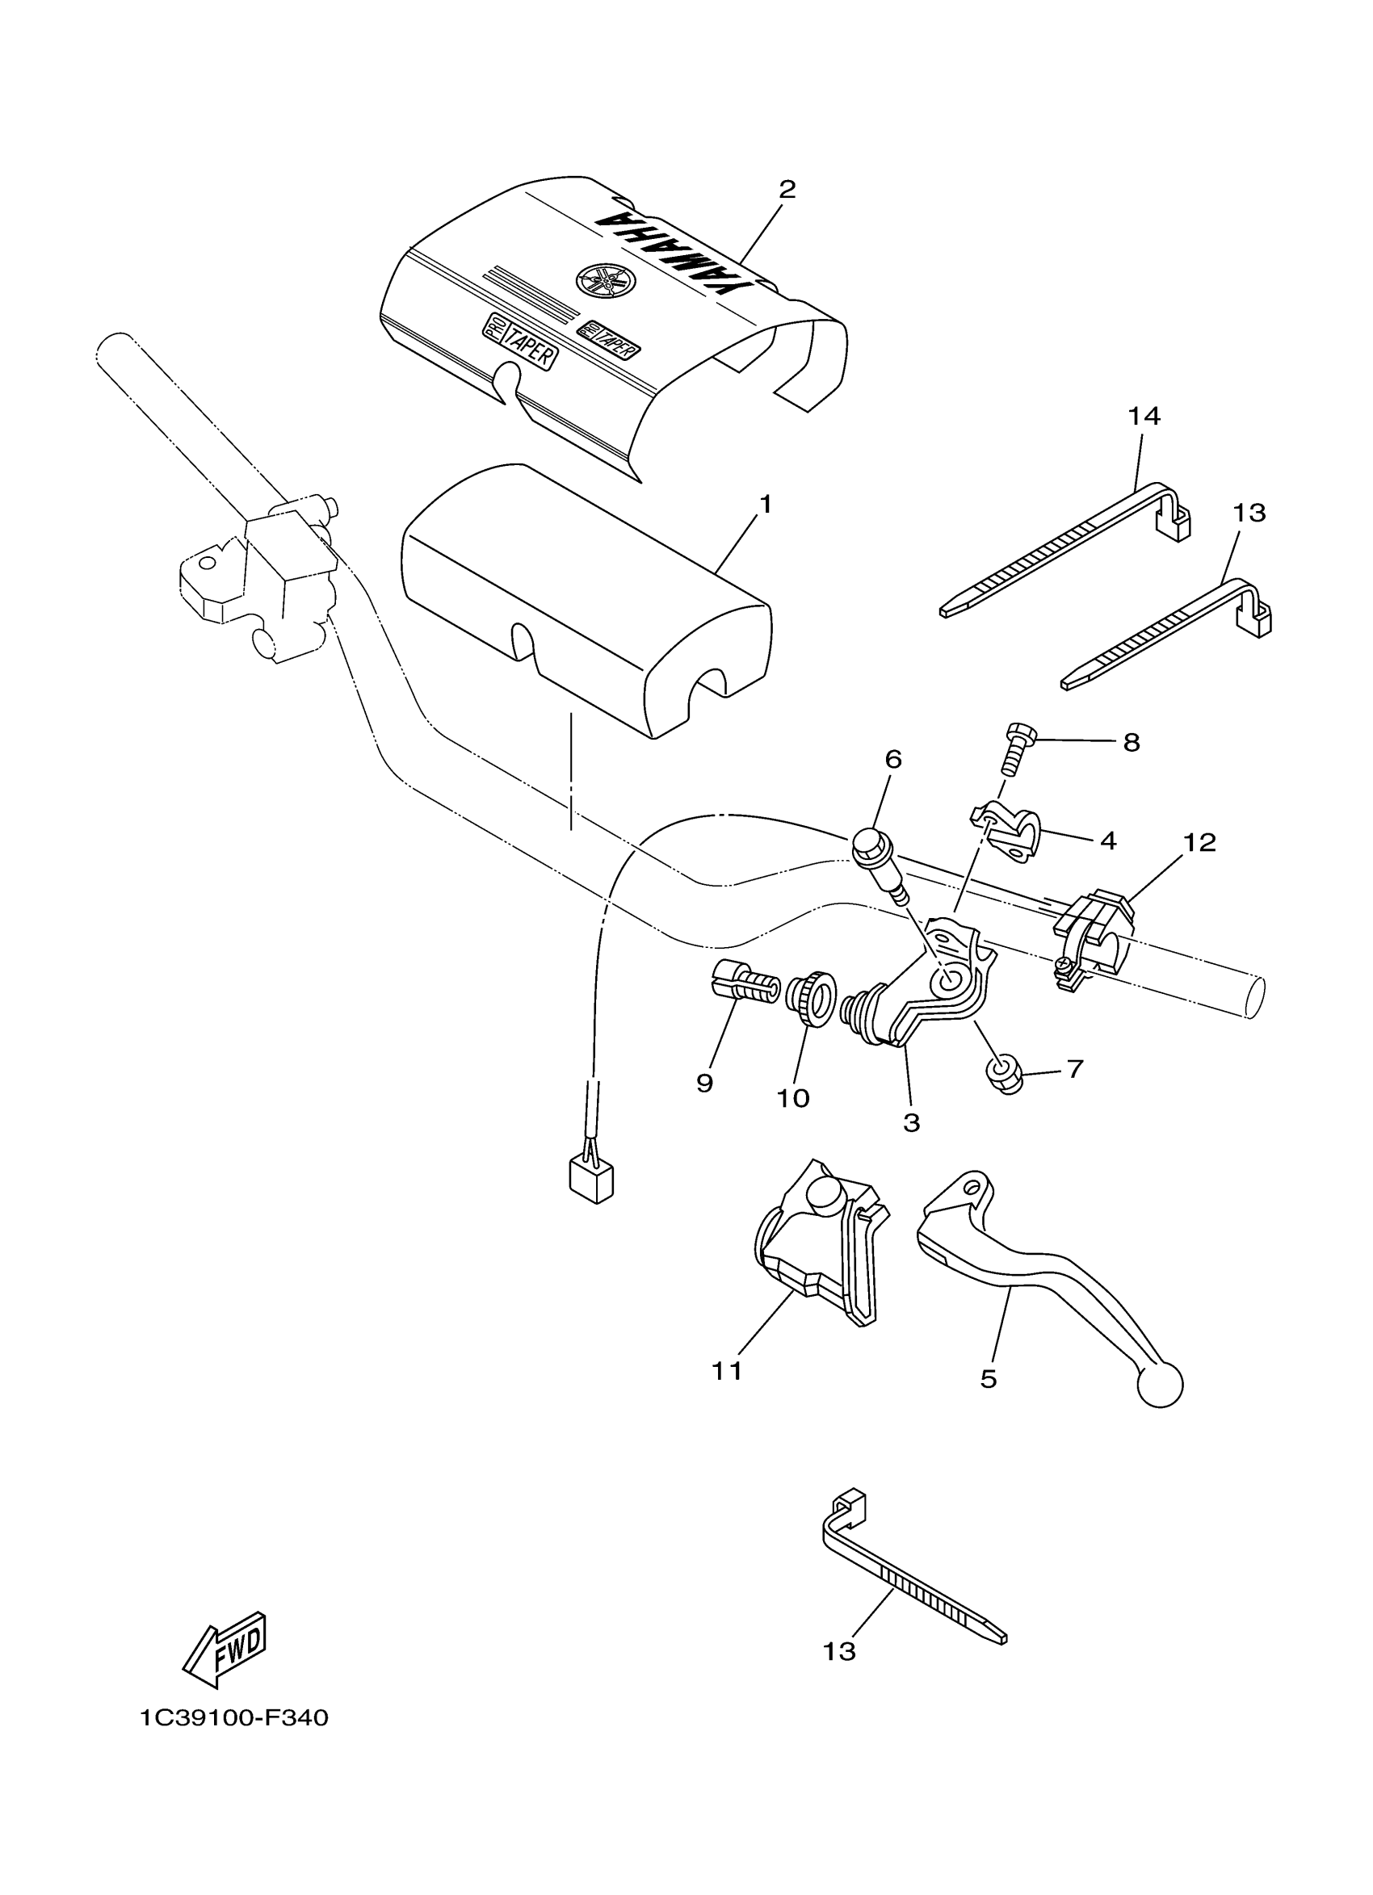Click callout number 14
pyautogui.click(x=1144, y=415)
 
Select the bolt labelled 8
pyautogui.click(x=1016, y=748)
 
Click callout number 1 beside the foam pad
pyautogui.click(x=764, y=505)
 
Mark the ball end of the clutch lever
pyautogui.click(x=1160, y=1386)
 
